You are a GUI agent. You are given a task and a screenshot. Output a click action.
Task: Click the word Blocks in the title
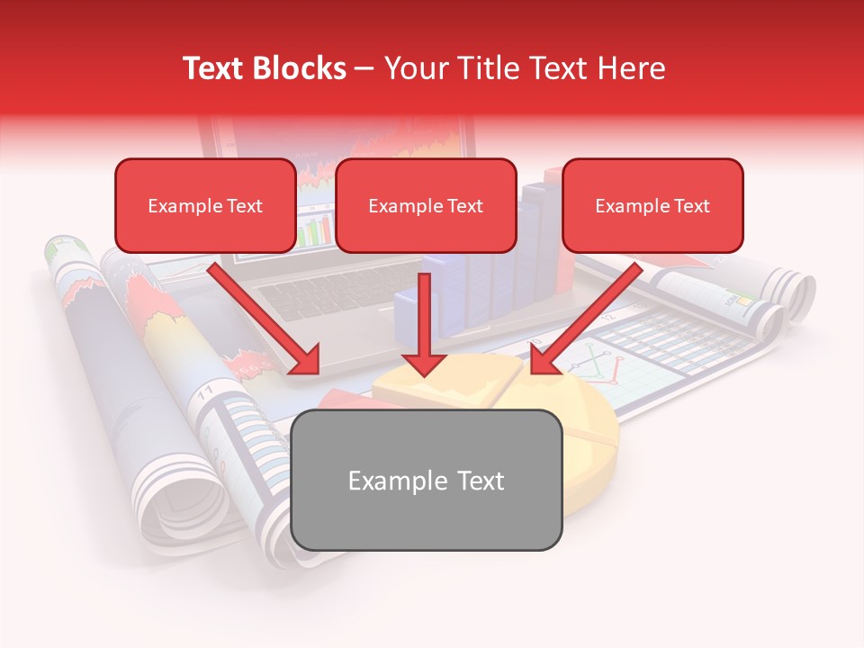point(301,68)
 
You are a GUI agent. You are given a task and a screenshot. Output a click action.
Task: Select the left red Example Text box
point(205,205)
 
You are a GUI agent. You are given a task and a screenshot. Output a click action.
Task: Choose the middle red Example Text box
point(426,205)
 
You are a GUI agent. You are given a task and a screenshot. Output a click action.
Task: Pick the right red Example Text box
point(652,205)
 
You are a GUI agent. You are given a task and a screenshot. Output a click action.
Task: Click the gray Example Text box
point(427,480)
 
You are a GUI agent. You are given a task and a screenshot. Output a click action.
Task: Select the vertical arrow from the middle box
point(424,324)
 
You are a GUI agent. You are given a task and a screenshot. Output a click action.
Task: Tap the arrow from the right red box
point(585,319)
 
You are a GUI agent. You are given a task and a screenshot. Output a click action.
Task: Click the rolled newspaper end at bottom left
point(180,504)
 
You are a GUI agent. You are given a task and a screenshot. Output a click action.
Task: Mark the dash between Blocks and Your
point(364,68)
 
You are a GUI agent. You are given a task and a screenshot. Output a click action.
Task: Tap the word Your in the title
point(412,68)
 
